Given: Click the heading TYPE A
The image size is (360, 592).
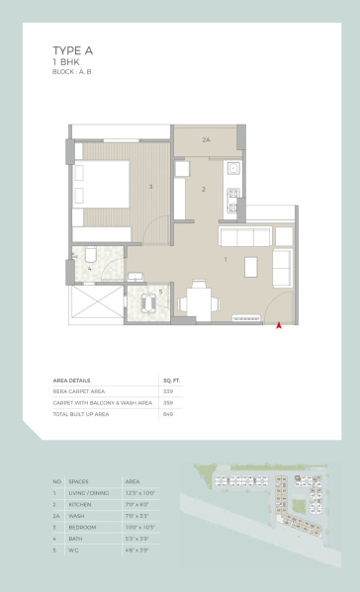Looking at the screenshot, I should (73, 49).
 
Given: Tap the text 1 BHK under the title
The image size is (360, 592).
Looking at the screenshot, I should (65, 61).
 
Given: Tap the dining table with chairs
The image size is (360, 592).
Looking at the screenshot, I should (199, 295).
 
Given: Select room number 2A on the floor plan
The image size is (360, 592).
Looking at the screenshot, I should (207, 140).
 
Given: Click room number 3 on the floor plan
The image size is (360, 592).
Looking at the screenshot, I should (150, 186).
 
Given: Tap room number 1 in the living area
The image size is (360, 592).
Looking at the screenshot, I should (226, 259).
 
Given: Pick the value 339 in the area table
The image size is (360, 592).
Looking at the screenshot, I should (167, 391).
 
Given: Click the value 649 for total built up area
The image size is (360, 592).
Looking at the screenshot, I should (167, 414).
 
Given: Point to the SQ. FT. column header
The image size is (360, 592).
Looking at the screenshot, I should (170, 380).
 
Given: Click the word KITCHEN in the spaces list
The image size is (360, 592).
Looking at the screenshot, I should (86, 503).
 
